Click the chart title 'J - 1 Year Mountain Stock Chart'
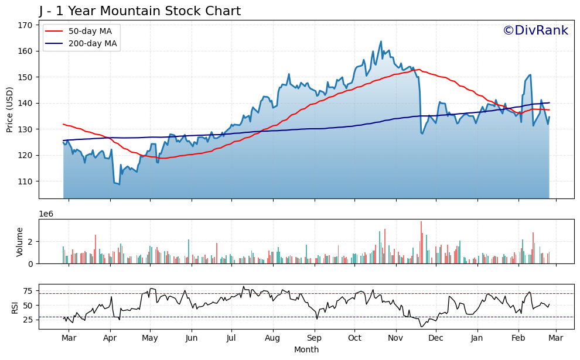tap(140, 11)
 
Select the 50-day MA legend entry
tap(81, 31)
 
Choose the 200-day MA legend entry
tap(81, 43)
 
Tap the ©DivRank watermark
tap(535, 30)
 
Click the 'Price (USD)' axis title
tap(10, 109)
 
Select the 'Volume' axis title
tap(20, 241)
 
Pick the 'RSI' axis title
tap(15, 307)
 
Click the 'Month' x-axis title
tap(306, 349)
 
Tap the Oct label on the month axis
tap(354, 338)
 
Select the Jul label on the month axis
tap(231, 338)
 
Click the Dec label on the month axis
tap(435, 338)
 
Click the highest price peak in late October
tap(381, 42)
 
